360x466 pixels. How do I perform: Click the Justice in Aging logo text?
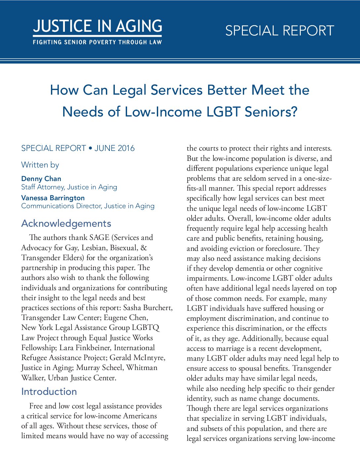point(97,26)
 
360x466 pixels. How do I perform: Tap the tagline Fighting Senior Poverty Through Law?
point(97,42)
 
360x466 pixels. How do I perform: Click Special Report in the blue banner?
point(280,31)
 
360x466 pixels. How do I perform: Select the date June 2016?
point(114,148)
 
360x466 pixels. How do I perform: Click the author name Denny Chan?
point(41,179)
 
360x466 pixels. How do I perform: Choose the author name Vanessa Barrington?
point(53,198)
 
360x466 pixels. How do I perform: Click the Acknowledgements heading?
point(66,223)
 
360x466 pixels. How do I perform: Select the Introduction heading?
point(49,392)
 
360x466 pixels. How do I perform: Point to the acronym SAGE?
point(99,238)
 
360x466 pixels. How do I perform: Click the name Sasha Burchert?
point(148,308)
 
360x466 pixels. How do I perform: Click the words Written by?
point(40,165)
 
